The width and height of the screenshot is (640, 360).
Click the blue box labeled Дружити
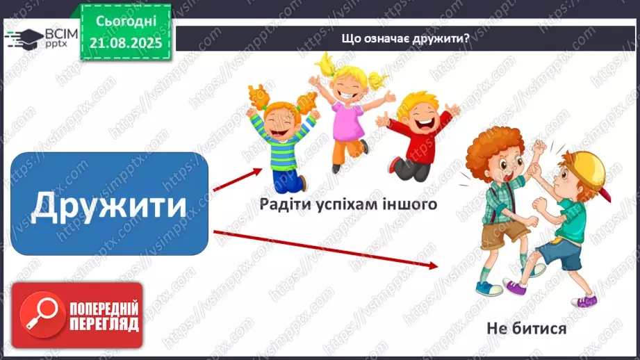tap(110, 203)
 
